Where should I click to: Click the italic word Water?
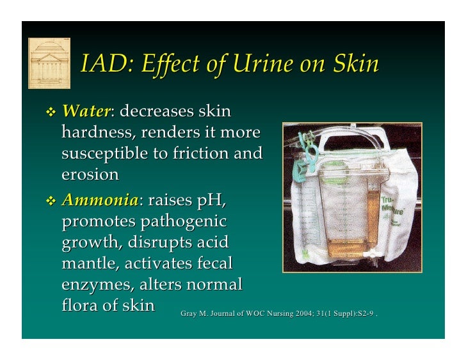pyautogui.click(x=86, y=111)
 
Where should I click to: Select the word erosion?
pyautogui.click(x=90, y=175)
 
